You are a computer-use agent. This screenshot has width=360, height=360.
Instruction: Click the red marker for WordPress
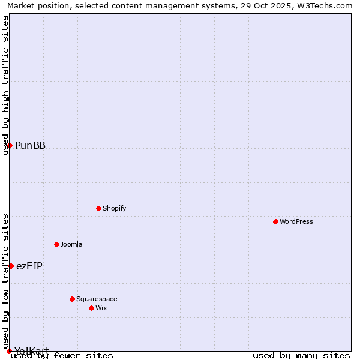[275, 221]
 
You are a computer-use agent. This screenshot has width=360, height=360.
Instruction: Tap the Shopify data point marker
[98, 208]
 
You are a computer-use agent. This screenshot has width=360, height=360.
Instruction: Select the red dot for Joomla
[56, 244]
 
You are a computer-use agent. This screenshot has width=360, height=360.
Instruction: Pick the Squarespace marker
[72, 299]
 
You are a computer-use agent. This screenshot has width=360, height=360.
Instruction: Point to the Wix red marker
[91, 308]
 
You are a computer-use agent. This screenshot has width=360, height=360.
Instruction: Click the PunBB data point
[10, 145]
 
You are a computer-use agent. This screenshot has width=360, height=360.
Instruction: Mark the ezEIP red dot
[11, 266]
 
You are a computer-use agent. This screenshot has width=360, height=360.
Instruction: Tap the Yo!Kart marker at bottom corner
[9, 351]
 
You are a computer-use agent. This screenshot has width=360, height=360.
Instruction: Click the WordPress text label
[296, 221]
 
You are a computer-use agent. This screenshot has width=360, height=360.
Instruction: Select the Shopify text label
[114, 208]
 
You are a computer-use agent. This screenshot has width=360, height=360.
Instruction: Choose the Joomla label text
[71, 244]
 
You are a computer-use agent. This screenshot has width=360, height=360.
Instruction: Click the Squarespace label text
[97, 299]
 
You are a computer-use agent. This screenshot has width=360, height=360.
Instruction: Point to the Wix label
[101, 308]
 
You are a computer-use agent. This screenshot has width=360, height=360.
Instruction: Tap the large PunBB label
[30, 145]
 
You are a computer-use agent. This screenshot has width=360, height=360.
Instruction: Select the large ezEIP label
[29, 266]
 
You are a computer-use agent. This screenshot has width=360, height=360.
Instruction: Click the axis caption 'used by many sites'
[301, 355]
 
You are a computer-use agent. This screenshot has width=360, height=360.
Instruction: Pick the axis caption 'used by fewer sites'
[62, 355]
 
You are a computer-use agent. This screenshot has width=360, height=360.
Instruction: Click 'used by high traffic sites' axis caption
[6, 85]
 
